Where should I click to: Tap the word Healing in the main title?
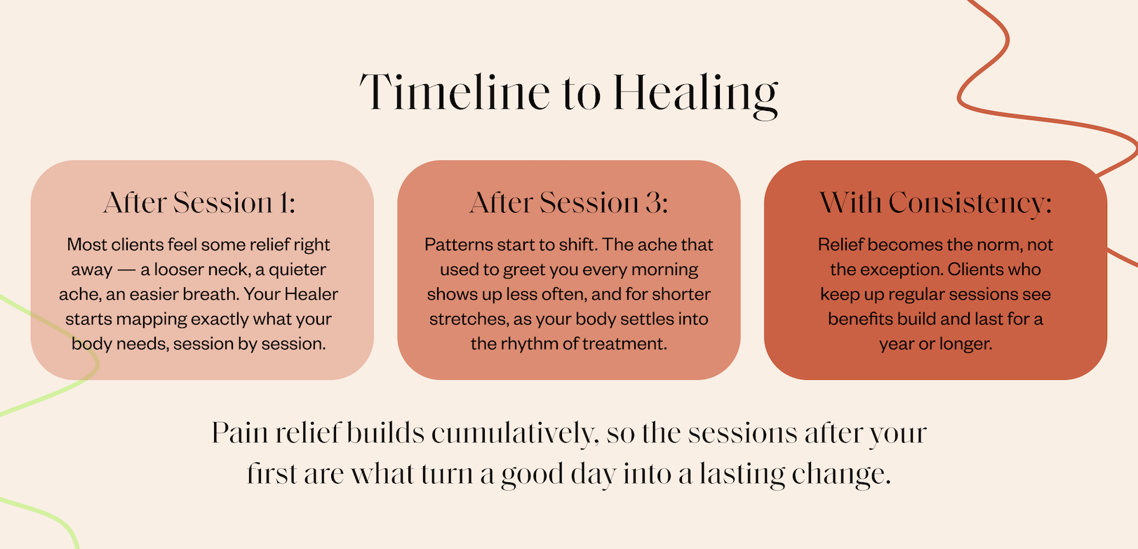coord(696,96)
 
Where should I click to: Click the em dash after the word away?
coord(126,270)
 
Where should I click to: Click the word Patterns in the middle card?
coord(457,244)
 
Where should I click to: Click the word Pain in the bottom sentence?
coord(240,434)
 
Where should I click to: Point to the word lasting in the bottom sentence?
coord(742,475)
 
